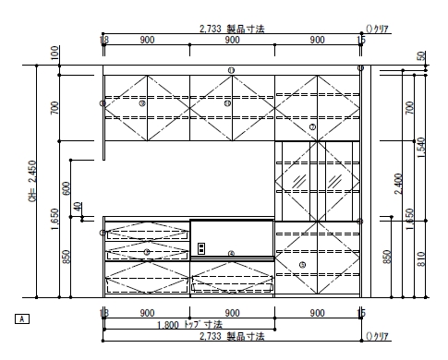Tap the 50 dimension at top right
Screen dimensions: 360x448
point(421,57)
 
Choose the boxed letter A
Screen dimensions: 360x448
point(23,318)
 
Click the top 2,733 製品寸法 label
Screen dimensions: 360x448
point(232,30)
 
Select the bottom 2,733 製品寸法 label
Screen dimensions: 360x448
point(232,337)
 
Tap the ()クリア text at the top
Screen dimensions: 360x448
point(381,30)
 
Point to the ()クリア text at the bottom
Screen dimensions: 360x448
point(381,337)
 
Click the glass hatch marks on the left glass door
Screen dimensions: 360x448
point(298,177)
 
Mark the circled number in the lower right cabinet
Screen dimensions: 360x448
point(302,265)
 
